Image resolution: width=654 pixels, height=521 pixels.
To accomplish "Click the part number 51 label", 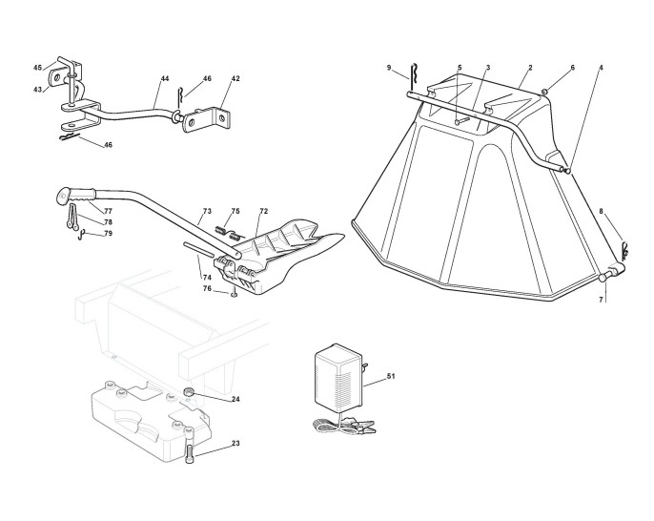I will (x=391, y=378).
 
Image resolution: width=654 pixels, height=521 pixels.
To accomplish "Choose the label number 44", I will (x=165, y=77).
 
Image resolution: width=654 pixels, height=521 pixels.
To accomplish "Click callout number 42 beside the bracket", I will (x=235, y=78).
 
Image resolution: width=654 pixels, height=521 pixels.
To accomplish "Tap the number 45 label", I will (x=38, y=68).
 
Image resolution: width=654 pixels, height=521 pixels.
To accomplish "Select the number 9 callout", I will (x=390, y=67).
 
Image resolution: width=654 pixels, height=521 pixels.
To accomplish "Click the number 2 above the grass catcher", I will (x=529, y=67).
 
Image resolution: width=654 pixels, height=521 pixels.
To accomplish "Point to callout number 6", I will (x=572, y=68).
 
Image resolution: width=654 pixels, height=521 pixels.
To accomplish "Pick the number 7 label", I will (x=601, y=299).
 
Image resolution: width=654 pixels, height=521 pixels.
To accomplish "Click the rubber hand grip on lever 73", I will (x=82, y=195).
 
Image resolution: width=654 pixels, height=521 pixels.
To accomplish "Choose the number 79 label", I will (x=108, y=233).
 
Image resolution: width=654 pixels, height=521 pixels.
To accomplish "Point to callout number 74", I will (x=207, y=277).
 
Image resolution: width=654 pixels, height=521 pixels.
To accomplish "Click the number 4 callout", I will (x=601, y=68).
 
